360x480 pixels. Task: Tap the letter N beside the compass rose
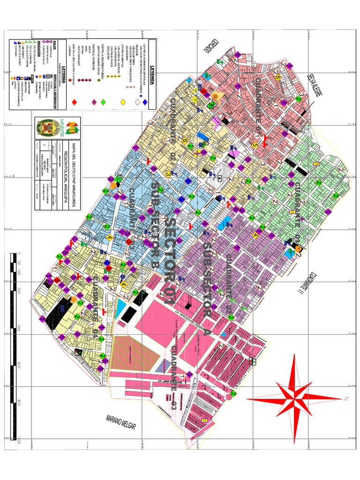345,399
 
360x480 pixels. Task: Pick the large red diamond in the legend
74,102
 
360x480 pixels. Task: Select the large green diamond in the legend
103,102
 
